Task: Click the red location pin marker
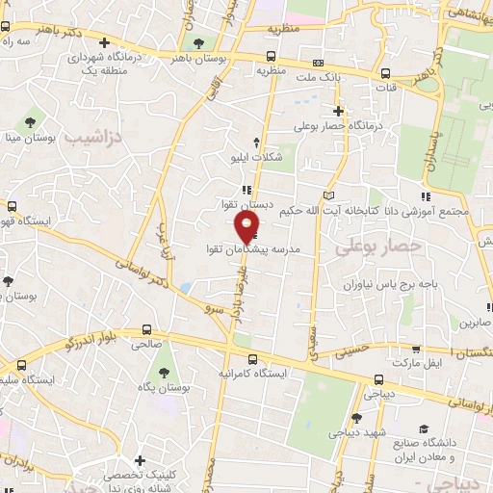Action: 247,226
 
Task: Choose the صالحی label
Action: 146,343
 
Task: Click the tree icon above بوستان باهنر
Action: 199,44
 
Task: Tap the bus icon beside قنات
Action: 385,74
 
